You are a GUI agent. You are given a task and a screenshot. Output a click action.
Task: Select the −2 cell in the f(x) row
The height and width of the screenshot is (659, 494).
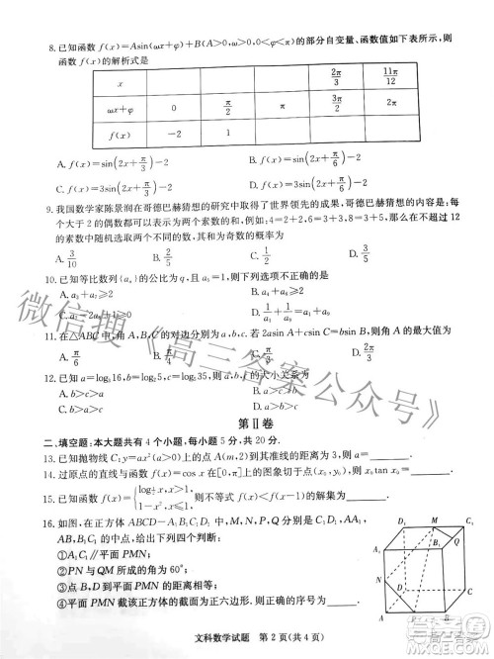(x=174, y=131)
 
